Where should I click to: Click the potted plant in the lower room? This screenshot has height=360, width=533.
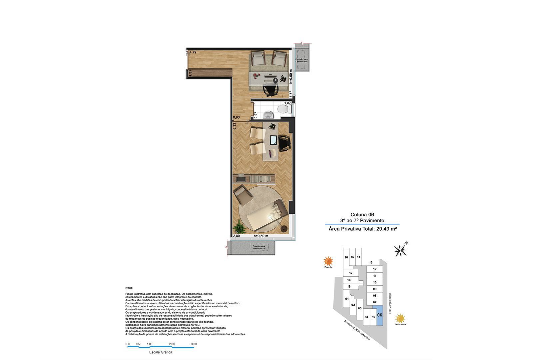[x=239, y=228]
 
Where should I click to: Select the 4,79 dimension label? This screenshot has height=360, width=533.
[x=193, y=52]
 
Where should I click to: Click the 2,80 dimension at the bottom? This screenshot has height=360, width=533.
[x=236, y=236]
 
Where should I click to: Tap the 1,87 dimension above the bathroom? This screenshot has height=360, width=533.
[x=287, y=103]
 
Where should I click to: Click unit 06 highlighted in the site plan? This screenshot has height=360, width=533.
[x=380, y=315]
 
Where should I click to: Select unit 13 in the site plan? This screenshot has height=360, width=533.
[x=371, y=263]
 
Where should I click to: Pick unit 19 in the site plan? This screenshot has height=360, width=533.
[x=349, y=287]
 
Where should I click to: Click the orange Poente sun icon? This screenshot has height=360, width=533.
[x=328, y=261]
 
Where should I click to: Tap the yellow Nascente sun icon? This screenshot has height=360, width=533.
[x=400, y=318]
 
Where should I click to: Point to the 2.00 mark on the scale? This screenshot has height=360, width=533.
[x=172, y=344]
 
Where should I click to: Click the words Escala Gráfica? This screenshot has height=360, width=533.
[x=161, y=352]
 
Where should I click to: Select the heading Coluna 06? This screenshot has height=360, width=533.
[x=362, y=215]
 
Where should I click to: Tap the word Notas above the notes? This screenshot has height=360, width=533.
[x=129, y=287]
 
